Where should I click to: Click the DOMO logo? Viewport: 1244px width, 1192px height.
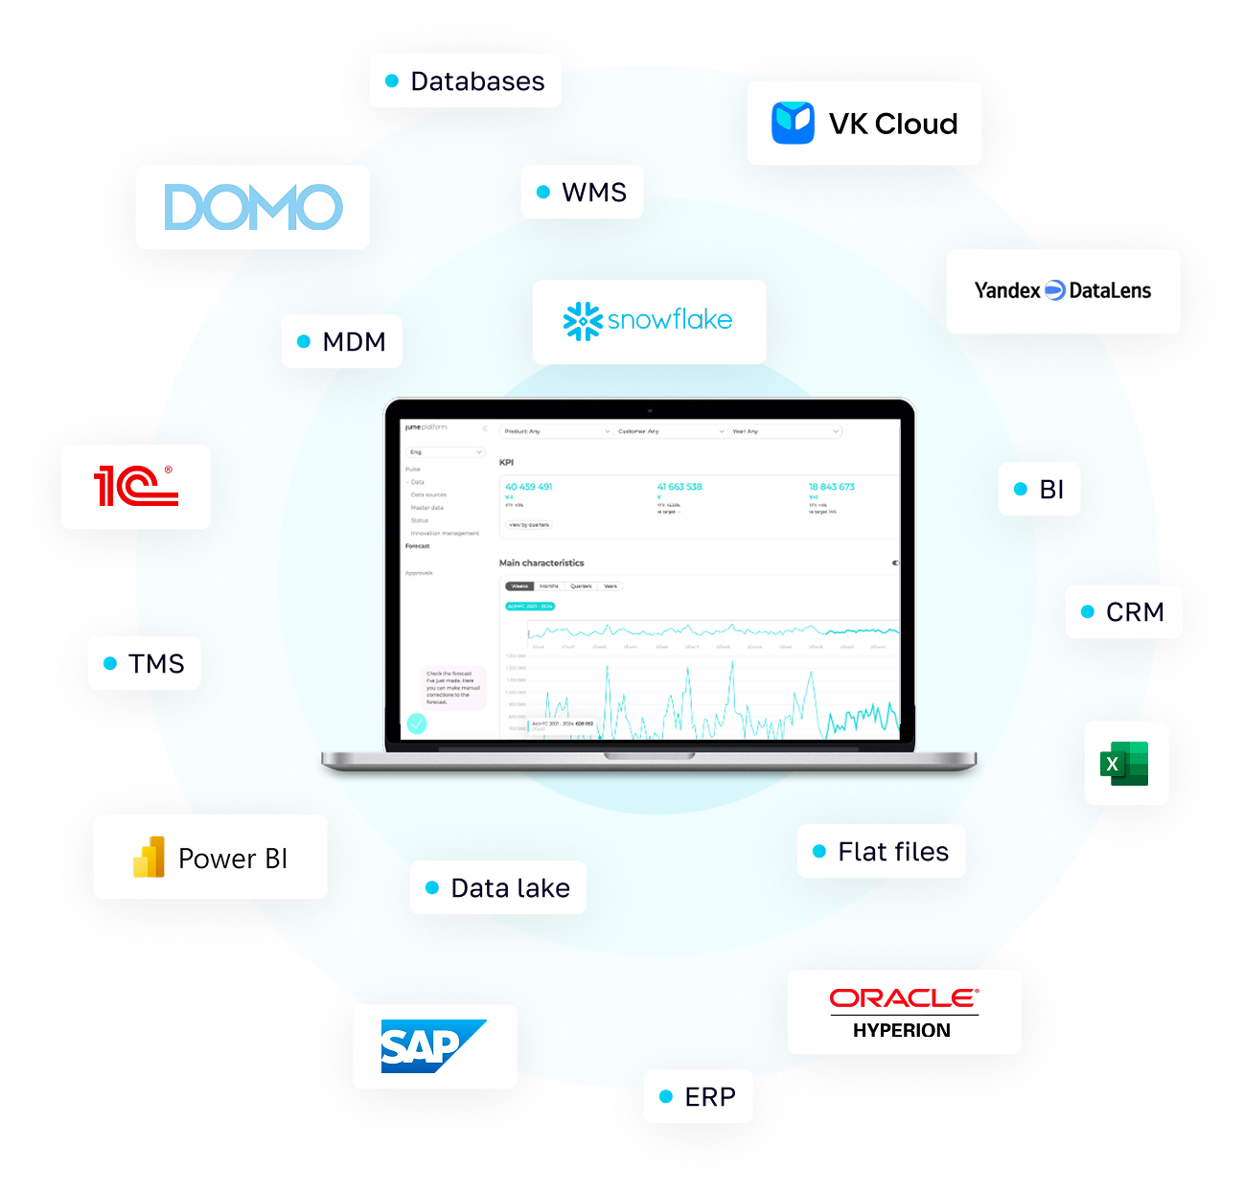(253, 207)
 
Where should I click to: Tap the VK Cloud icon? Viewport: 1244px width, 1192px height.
(793, 123)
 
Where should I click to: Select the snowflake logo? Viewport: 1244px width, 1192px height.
(649, 321)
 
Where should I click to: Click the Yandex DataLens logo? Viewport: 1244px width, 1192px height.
(1063, 290)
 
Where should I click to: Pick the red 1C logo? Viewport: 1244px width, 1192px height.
(135, 486)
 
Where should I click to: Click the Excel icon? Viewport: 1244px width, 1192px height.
(1125, 763)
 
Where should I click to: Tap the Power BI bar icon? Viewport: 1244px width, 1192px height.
(149, 858)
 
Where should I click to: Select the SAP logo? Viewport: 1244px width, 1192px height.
(431, 1046)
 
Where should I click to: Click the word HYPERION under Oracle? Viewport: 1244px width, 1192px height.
(902, 1031)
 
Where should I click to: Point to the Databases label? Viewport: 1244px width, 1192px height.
(476, 81)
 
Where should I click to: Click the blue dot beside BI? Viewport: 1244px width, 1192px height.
(1021, 490)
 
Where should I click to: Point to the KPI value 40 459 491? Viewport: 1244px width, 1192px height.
(529, 487)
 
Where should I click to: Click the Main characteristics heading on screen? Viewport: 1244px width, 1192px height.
(541, 562)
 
